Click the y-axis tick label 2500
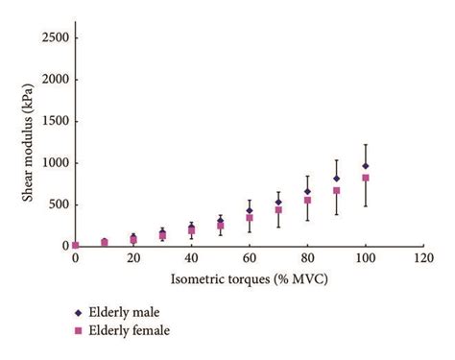coord(53,38)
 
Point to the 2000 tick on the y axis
coord(53,80)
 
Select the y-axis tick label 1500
coord(53,121)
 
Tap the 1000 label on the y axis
coord(53,163)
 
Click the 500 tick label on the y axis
coord(57,204)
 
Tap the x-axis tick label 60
coord(250,259)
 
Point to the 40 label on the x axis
coord(192,259)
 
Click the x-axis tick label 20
coord(133,259)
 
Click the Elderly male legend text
coord(133,311)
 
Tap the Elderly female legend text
coord(139,331)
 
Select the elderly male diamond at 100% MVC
coord(366,165)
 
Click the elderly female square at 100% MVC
coord(366,178)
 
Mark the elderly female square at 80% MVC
coord(308,200)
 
